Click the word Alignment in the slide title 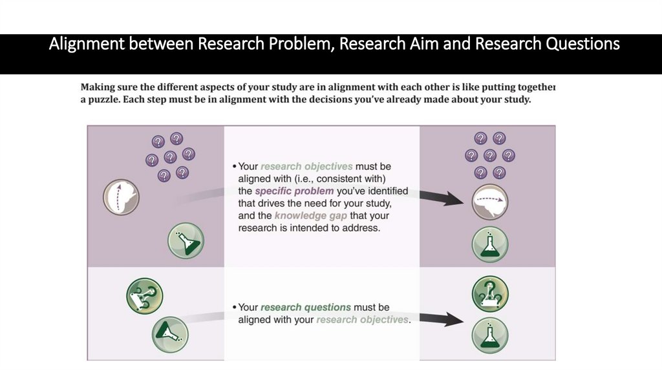coord(90,44)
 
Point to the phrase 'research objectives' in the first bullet coord(306,167)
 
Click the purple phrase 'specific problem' coord(294,191)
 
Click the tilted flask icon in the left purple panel coord(186,240)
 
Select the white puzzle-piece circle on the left coord(122,197)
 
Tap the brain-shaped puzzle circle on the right coord(489,202)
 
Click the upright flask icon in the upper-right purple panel coord(489,244)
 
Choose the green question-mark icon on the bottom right coord(490,294)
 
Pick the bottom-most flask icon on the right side coord(489,335)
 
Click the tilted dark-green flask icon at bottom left coord(169,334)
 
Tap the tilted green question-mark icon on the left coord(144,295)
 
